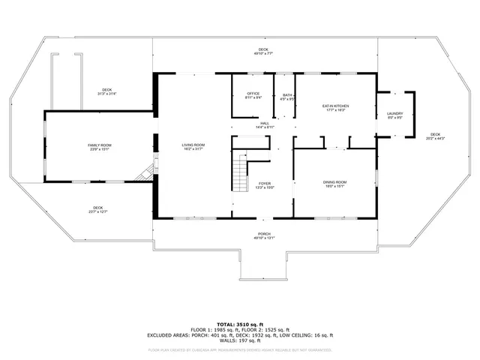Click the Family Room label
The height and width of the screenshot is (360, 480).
[x=100, y=144]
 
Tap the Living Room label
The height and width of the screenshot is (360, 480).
[x=193, y=145]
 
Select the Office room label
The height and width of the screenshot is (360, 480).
[x=253, y=92]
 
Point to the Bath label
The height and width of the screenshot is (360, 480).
[x=286, y=93]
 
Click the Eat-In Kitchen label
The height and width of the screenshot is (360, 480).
[x=335, y=106]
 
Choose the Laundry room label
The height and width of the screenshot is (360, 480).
[x=394, y=112]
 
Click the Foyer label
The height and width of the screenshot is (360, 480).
[x=265, y=183]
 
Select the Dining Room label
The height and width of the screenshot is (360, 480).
[x=335, y=182]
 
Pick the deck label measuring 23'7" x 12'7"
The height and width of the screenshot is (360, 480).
[x=98, y=208]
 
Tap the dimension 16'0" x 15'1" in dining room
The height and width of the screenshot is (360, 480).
[x=335, y=186]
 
